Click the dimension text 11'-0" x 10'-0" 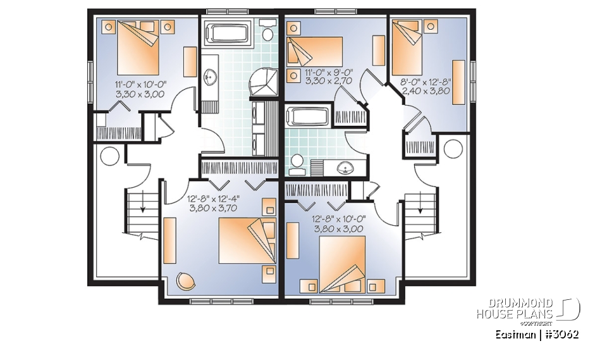[x=140, y=84]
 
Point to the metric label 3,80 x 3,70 [x=212, y=207]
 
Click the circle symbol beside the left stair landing [x=110, y=154]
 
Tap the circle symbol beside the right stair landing [x=453, y=149]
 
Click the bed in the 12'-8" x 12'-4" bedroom [x=247, y=241]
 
